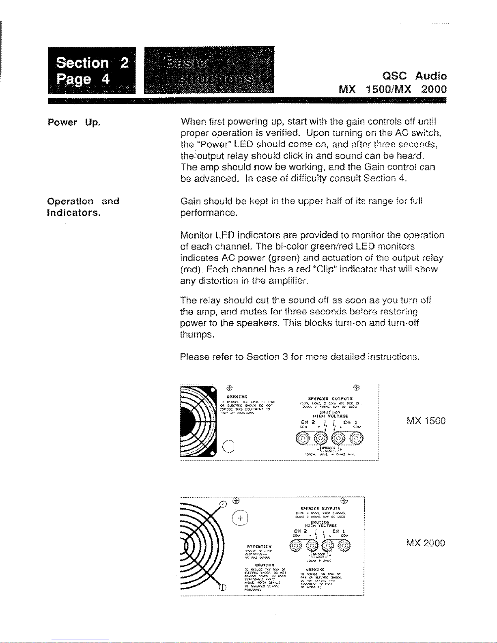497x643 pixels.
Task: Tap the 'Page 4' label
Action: (83, 78)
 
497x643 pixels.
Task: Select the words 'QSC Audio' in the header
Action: (414, 76)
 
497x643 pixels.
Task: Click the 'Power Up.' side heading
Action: (74, 122)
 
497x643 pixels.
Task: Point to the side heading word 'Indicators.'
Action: (74, 213)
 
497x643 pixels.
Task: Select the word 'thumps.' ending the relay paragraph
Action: (197, 335)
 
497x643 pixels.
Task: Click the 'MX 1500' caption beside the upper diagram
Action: (426, 421)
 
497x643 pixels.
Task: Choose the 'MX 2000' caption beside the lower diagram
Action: (426, 543)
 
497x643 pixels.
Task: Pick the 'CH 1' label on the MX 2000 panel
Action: (338, 531)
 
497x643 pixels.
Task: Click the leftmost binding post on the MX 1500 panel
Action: (303, 438)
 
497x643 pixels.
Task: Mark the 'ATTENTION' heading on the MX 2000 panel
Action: (259, 546)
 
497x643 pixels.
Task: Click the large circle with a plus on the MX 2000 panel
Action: (240, 518)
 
